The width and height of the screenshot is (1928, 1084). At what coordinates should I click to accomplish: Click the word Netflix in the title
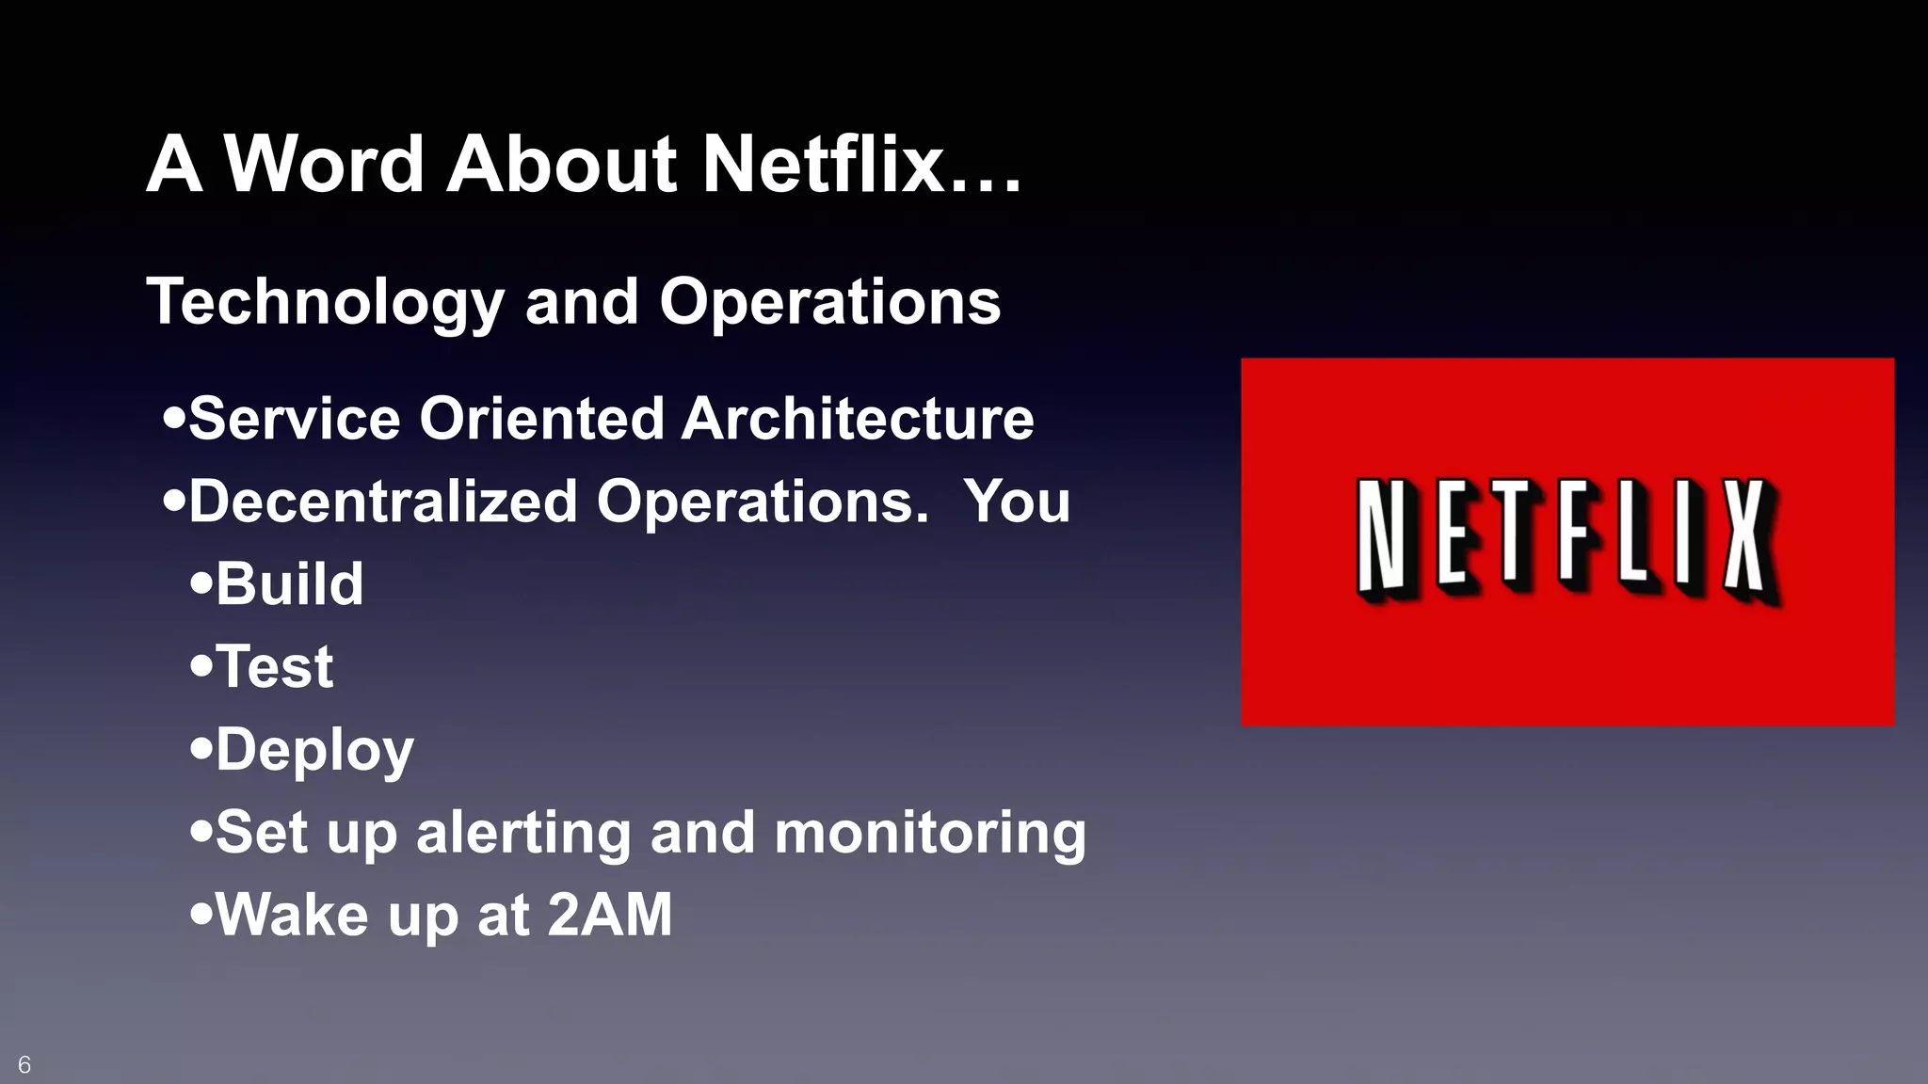point(823,164)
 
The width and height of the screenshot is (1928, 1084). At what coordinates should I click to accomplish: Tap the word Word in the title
point(324,164)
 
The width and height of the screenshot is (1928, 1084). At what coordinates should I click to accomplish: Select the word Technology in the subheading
point(326,303)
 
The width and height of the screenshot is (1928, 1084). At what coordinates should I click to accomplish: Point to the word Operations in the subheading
point(829,303)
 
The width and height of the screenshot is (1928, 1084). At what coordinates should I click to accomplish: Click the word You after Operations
point(1017,501)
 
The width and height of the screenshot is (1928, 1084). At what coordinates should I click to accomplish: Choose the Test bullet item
point(274,666)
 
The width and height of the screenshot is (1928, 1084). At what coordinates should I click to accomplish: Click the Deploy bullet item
point(314,751)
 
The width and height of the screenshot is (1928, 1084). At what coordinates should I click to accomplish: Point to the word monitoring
point(930,834)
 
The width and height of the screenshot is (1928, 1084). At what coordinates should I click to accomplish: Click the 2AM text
point(610,915)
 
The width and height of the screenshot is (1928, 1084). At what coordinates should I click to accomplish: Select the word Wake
point(293,915)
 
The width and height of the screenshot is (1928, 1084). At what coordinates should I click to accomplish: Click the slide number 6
point(24,1065)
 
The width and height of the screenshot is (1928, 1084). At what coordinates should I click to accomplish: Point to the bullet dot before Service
point(173,417)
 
